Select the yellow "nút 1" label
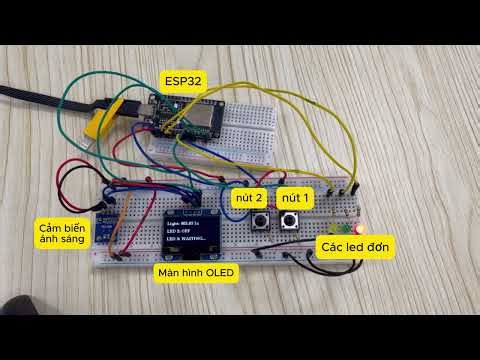[x=295, y=197]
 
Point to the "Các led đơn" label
[x=355, y=245]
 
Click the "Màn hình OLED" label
[x=197, y=272]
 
